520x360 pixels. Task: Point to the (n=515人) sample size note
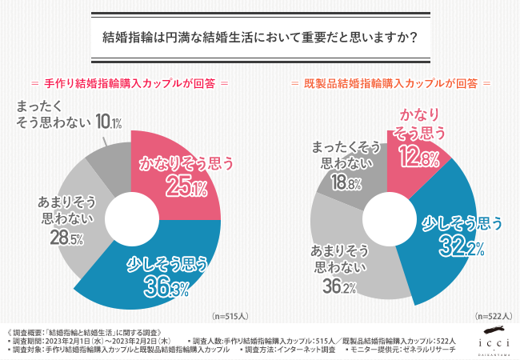click(226, 315)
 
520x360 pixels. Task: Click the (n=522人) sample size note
click(490, 315)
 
